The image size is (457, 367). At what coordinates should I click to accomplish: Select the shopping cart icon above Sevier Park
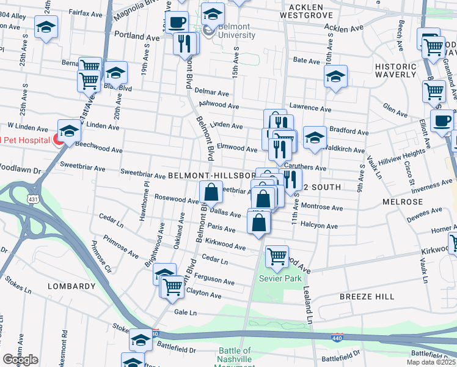pos(277,258)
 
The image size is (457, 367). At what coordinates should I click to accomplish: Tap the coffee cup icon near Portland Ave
pos(177,23)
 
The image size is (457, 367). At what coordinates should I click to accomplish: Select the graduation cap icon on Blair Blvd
pos(115,73)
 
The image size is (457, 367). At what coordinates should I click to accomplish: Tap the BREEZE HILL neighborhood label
pos(367,296)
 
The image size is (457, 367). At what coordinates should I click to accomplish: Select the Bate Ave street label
pos(307,61)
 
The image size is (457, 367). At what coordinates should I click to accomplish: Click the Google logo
pos(20,360)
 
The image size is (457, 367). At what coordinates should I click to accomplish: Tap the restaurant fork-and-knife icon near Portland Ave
pos(186,43)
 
